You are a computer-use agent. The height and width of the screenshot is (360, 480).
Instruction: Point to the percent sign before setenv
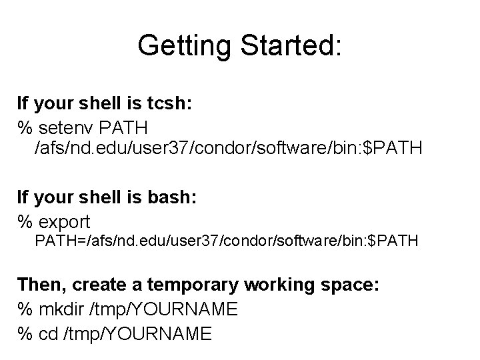tap(25, 126)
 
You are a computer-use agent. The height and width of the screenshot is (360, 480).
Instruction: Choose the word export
tap(65, 220)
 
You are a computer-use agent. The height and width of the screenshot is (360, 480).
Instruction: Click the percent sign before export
tap(25, 220)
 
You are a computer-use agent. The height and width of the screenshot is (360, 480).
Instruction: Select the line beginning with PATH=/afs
tap(227, 241)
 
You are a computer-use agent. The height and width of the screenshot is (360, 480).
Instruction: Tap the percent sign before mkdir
tap(25, 309)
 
